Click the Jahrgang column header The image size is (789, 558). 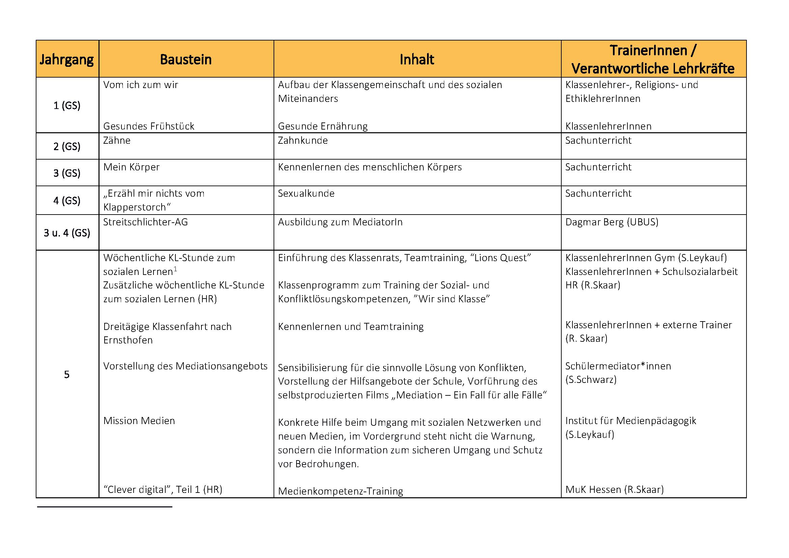click(67, 59)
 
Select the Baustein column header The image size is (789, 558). click(186, 59)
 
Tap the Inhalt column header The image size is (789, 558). click(417, 59)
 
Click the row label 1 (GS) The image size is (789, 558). click(67, 105)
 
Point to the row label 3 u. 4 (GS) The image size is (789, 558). click(67, 233)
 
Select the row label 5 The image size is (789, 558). click(67, 374)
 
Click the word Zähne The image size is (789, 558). click(117, 141)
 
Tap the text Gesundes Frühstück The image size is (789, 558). click(148, 126)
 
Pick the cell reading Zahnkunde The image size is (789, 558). click(303, 141)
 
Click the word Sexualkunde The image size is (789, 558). click(306, 193)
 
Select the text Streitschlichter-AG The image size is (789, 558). click(145, 222)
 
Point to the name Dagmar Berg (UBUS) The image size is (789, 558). click(612, 222)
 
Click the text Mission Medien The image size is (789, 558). click(139, 421)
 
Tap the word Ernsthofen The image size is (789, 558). click(128, 340)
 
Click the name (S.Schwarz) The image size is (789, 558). click(591, 380)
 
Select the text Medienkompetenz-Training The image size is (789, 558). click(340, 491)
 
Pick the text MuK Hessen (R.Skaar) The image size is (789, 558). click(614, 489)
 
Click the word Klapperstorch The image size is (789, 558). click(137, 207)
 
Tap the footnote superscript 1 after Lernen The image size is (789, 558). click(175, 269)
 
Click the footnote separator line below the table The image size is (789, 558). click(105, 507)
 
